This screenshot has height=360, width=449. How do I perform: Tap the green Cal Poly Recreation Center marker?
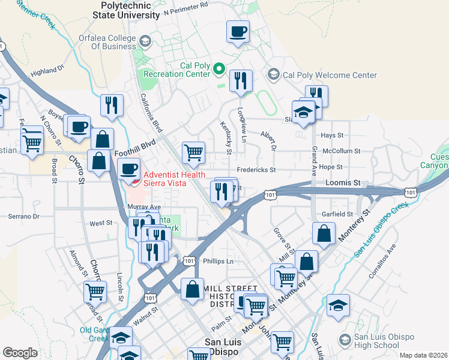pos(219,71)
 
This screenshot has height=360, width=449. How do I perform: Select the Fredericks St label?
pos(256,170)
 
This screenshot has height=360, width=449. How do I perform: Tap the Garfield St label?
pos(337,214)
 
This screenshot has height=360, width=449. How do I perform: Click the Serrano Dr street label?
pos(23,216)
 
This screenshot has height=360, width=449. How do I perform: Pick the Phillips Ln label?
pos(217,262)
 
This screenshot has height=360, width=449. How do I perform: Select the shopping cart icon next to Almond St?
pos(95,292)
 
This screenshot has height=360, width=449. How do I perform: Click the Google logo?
pos(20,352)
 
